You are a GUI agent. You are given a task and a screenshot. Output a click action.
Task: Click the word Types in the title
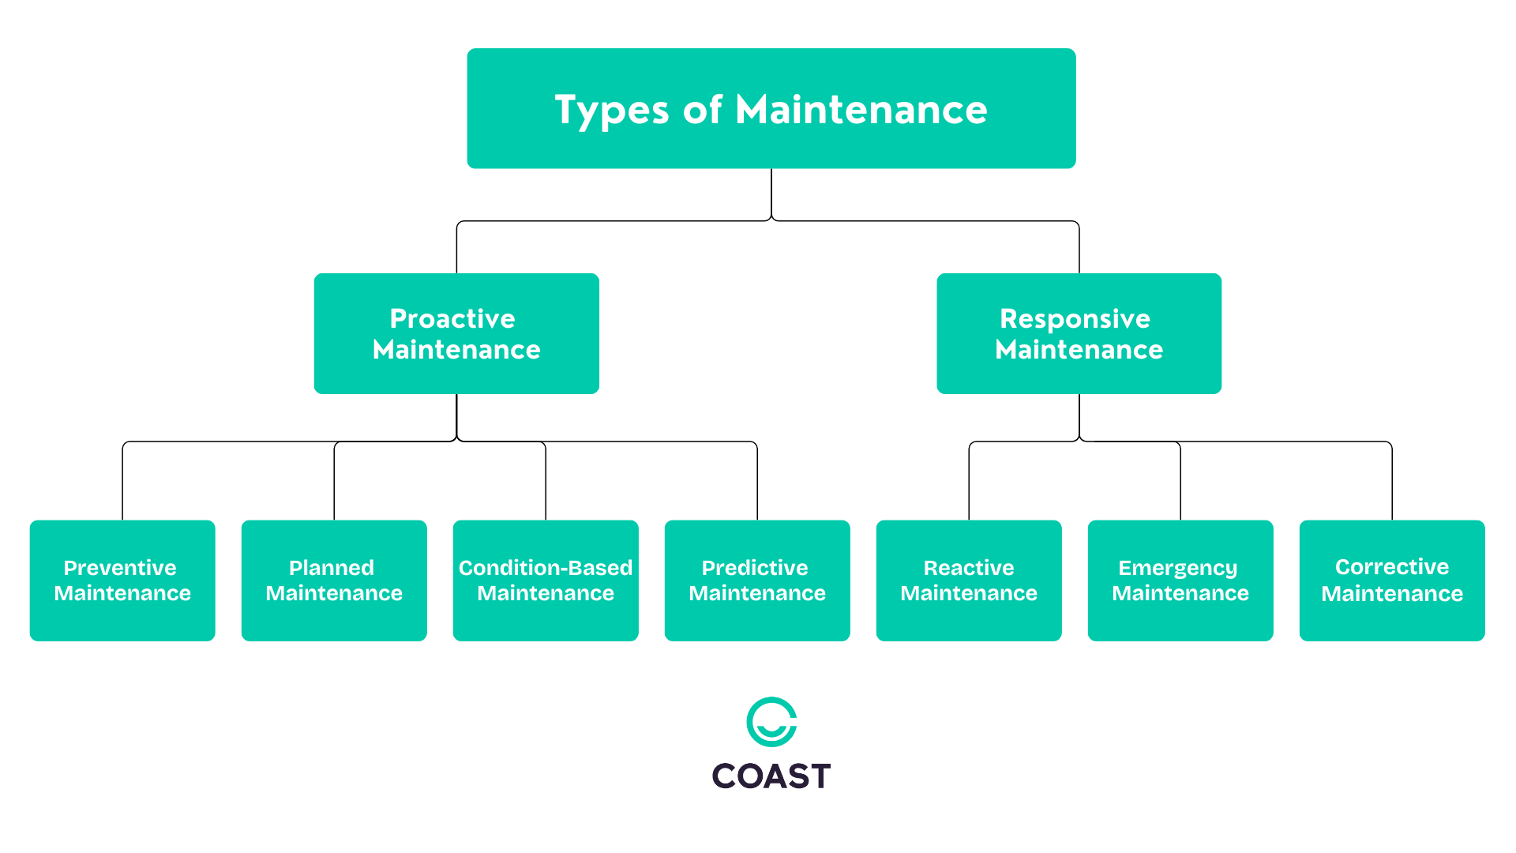[612, 110]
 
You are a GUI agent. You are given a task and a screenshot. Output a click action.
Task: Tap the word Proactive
[452, 318]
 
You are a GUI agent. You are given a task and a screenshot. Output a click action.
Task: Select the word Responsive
[1075, 318]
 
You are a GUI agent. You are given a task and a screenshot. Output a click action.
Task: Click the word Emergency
[1177, 568]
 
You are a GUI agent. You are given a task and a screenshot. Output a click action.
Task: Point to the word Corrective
[1392, 567]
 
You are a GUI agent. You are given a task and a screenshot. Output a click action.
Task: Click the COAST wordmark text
[771, 776]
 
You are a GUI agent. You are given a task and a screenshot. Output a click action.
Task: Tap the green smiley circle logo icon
[771, 722]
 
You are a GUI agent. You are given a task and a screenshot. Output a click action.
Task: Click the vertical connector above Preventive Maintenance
[122, 482]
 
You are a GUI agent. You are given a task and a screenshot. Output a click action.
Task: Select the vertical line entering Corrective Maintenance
[1392, 482]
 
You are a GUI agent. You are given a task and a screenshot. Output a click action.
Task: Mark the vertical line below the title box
[771, 194]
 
